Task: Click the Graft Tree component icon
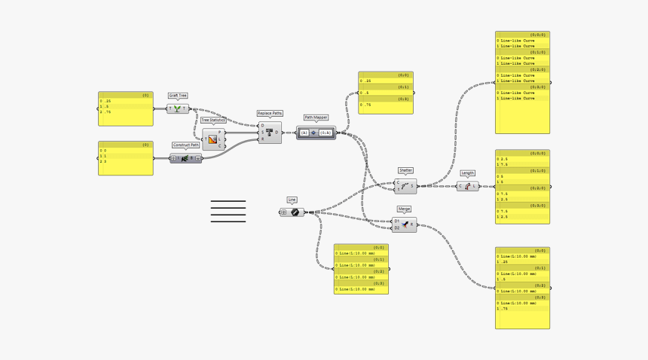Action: coord(178,109)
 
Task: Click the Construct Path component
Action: coord(185,158)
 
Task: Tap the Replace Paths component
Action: coord(270,133)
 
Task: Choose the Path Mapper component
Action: coord(316,133)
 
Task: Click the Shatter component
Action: coord(405,186)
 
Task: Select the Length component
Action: coord(467,187)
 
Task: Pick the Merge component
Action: coord(405,224)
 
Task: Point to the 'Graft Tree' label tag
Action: coord(178,96)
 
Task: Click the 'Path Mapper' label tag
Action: coord(316,117)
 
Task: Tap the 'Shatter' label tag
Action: coord(405,170)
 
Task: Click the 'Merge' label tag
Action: coord(405,209)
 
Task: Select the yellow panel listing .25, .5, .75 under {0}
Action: coord(125,108)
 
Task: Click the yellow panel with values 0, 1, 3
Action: coord(125,158)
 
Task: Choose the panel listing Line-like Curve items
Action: coord(521,83)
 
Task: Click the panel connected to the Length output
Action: coord(521,186)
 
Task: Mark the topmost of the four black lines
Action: coord(228,202)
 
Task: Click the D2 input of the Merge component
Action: coord(397,227)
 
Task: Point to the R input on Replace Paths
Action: coord(262,139)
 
